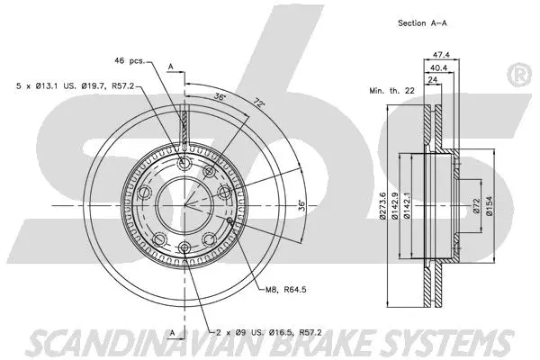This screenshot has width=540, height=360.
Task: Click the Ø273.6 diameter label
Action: click(384, 206)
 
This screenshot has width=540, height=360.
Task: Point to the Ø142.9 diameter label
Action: click(396, 206)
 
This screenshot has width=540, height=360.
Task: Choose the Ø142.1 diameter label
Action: click(409, 206)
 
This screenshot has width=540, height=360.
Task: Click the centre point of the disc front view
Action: click(184, 206)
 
